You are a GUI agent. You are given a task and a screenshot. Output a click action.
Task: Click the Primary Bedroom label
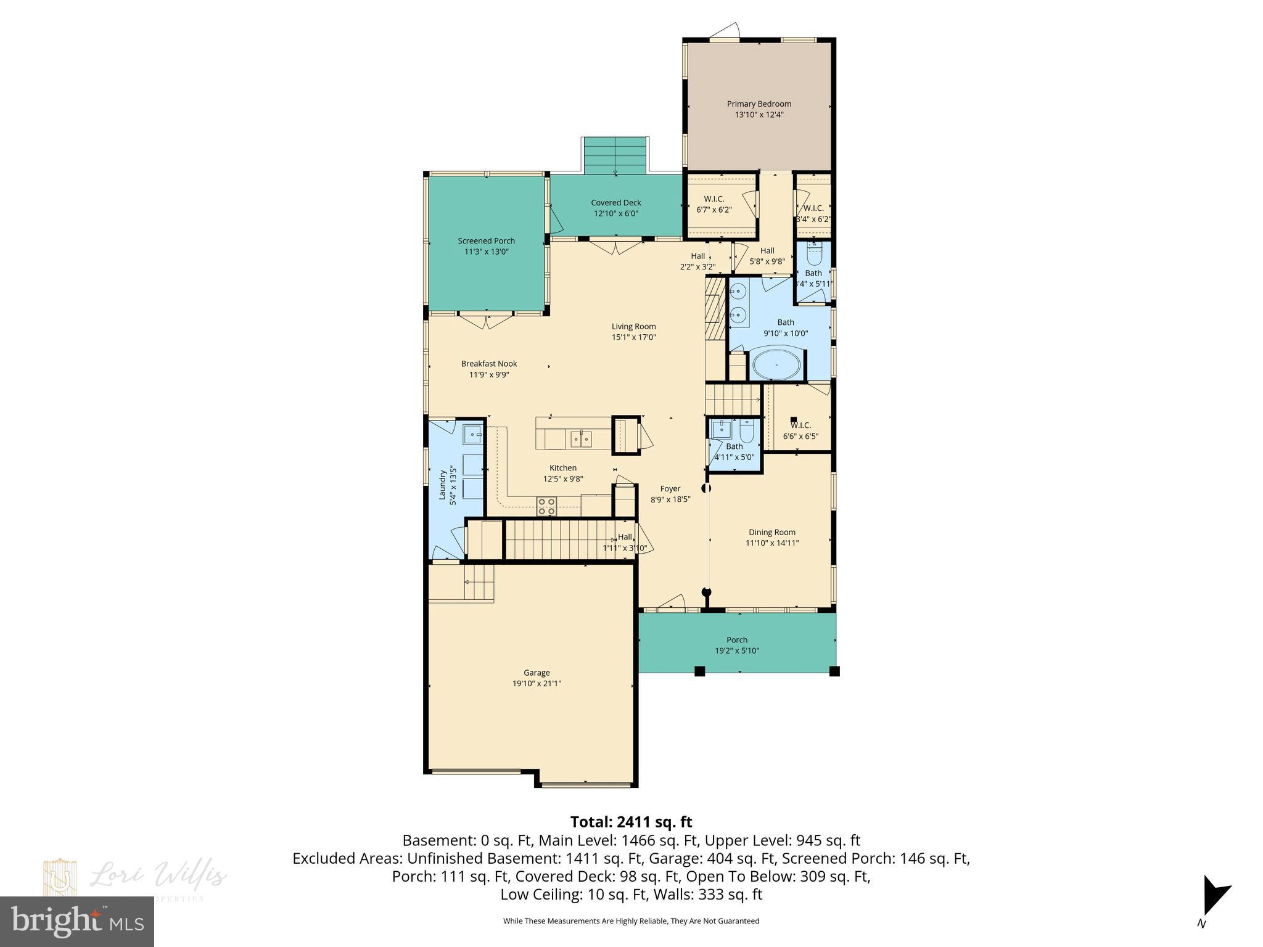coord(759,104)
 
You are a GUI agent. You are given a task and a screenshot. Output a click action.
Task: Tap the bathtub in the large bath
coord(776,366)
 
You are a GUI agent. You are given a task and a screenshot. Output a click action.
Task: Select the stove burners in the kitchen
coord(546,506)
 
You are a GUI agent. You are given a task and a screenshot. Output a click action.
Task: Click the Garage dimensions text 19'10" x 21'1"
coord(537,684)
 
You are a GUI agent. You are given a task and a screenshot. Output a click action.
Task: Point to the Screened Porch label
coord(486,241)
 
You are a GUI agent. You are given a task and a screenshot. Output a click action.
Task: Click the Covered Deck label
coord(616,202)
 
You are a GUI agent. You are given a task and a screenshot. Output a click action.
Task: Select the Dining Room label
coord(772,532)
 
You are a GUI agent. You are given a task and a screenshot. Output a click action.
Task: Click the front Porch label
coord(737,640)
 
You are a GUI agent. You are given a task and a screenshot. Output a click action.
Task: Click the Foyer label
coord(670,489)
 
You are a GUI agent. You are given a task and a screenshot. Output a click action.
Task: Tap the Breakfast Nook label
coord(489,364)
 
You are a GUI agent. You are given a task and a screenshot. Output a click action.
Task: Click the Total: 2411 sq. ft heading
coord(631,822)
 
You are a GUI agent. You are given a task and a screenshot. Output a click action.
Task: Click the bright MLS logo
coord(77,920)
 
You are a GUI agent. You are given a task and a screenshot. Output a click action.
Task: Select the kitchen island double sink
coord(580,438)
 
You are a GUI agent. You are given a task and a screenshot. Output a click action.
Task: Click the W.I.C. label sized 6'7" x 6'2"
coord(714,199)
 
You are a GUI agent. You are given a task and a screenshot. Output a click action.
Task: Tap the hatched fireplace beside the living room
coord(716,308)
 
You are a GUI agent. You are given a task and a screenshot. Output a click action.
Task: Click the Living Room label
coord(633,327)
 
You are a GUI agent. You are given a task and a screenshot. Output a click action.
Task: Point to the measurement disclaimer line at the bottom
coord(631,921)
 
